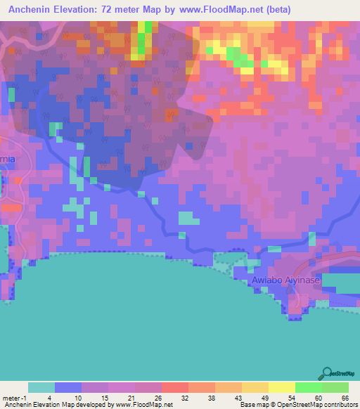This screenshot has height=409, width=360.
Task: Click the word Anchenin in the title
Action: (x=36, y=10)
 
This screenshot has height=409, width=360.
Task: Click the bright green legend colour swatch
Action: (x=308, y=387)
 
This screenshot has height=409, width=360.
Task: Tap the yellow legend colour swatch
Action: (x=281, y=387)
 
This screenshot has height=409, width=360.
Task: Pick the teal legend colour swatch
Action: (x=41, y=387)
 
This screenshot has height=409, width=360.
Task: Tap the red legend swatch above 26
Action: (x=175, y=387)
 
